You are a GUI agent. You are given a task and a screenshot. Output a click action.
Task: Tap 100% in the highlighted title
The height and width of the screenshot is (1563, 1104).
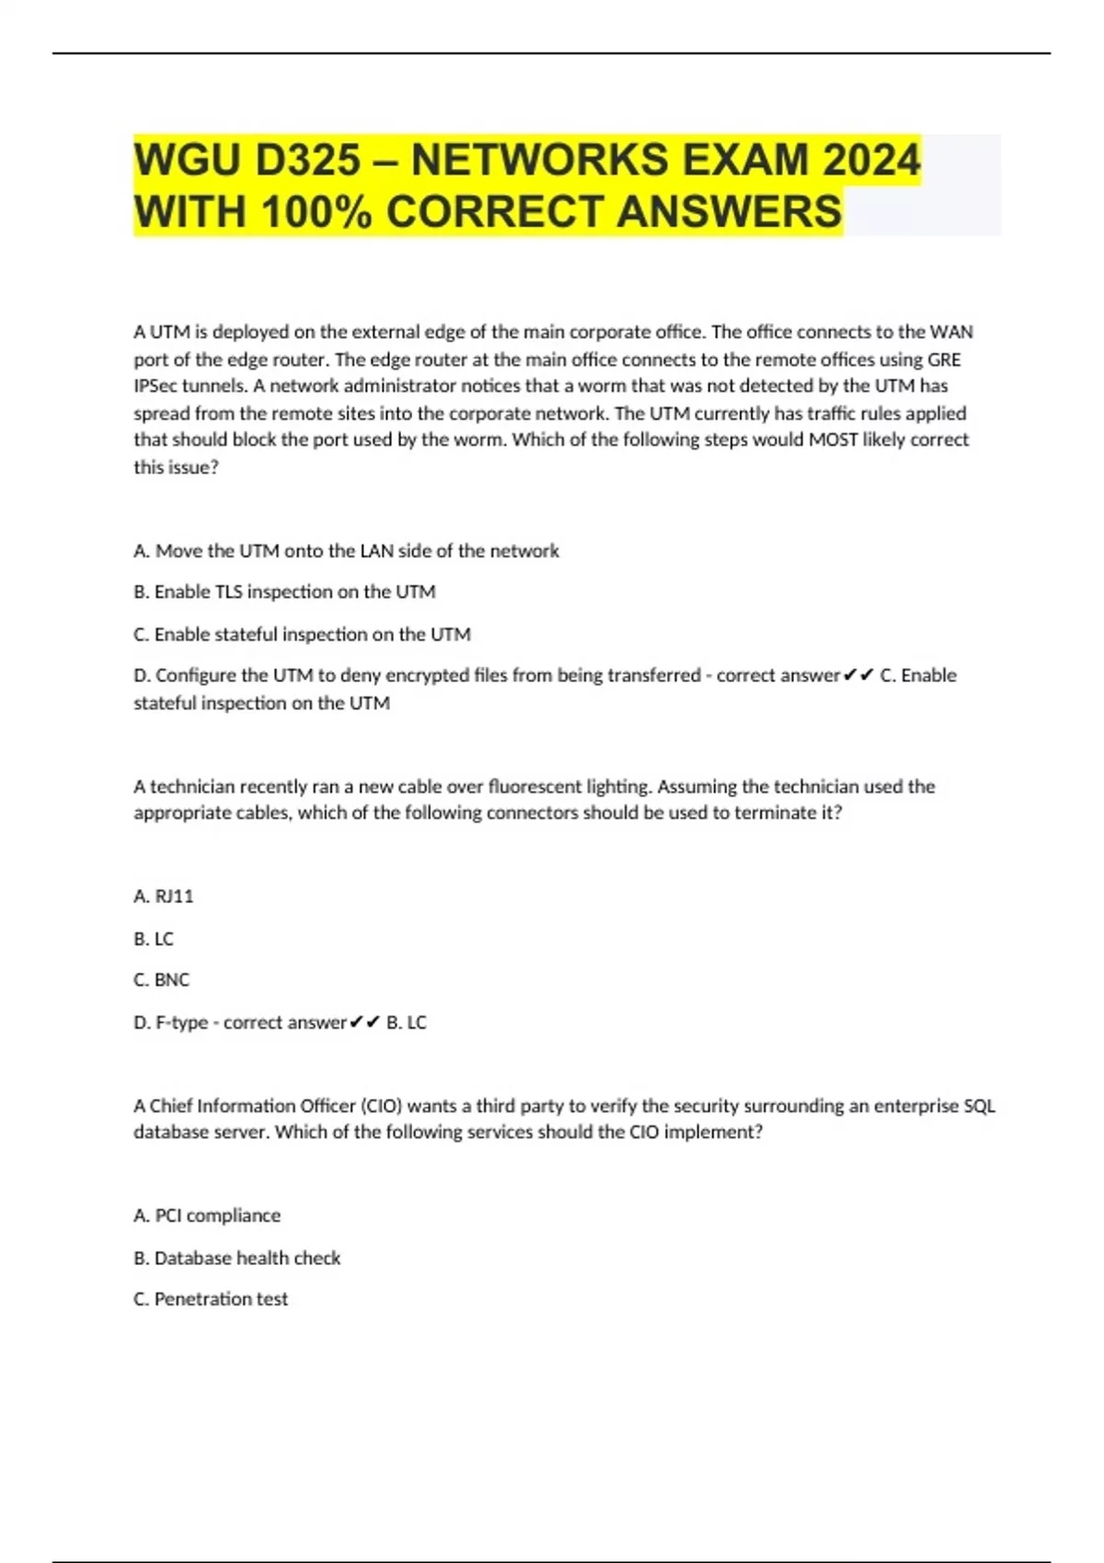click(x=316, y=211)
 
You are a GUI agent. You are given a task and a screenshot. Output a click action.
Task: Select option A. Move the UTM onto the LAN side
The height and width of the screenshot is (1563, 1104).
click(x=346, y=551)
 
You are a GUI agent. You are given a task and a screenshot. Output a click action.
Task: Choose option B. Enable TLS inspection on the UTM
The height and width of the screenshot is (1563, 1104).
click(x=284, y=592)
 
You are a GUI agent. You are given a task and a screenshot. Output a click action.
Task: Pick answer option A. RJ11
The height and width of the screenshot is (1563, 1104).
click(x=164, y=896)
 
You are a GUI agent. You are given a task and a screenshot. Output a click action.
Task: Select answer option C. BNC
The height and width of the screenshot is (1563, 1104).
click(x=162, y=980)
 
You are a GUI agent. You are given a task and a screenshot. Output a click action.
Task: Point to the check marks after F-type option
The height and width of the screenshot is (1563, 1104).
click(x=365, y=1022)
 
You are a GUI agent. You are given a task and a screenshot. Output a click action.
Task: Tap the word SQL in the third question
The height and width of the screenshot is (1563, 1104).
click(x=979, y=1105)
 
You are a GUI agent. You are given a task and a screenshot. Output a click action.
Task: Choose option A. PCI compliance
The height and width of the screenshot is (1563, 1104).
click(x=207, y=1215)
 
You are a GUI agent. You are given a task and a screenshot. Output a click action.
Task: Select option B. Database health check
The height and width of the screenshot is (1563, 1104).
click(x=237, y=1258)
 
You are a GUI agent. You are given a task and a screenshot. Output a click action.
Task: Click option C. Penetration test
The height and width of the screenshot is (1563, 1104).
click(x=211, y=1299)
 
